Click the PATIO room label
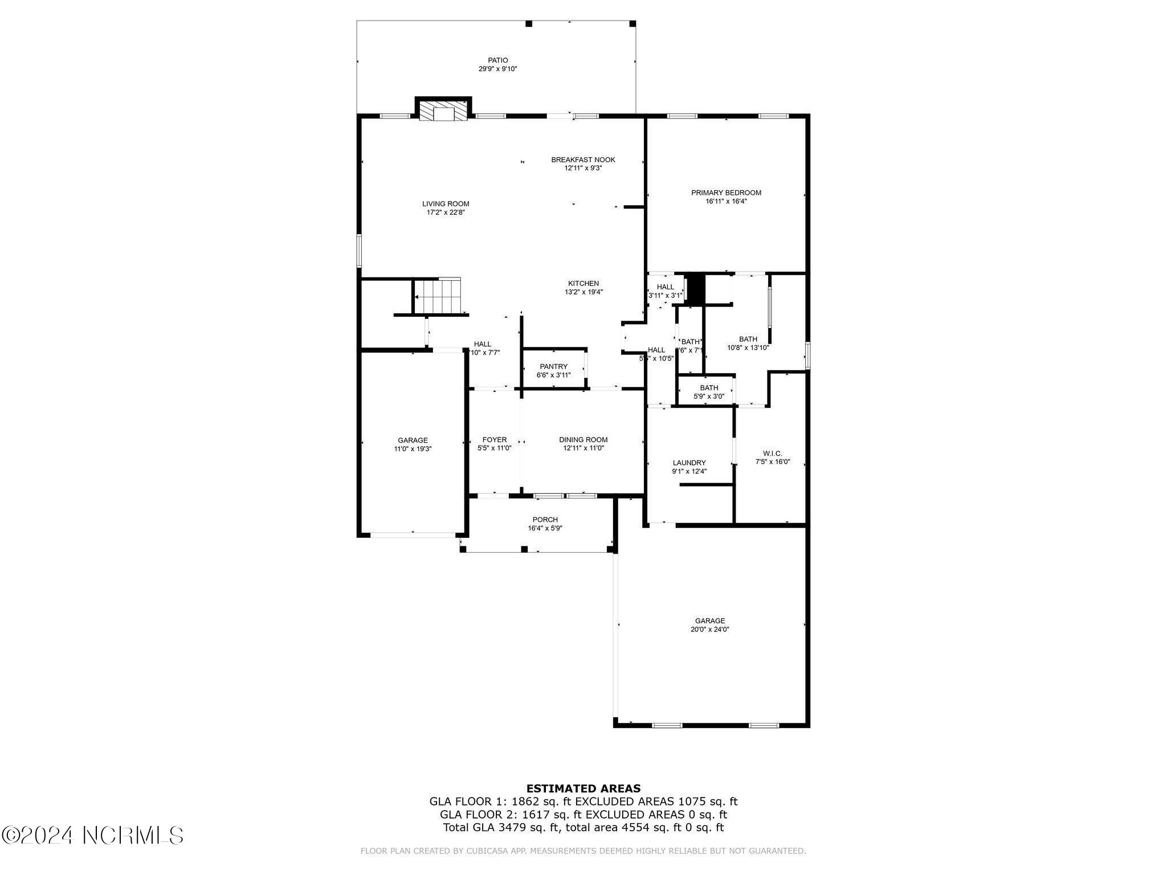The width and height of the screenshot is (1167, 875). [x=497, y=60]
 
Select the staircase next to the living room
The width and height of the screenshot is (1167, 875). [x=438, y=297]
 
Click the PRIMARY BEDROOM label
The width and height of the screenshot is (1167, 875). [x=726, y=193]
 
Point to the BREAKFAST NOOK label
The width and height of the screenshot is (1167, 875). [x=583, y=160]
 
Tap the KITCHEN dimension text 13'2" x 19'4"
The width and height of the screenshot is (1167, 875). [x=583, y=292]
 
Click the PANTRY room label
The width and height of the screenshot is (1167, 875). [x=553, y=366]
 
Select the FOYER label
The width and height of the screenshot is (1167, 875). [x=494, y=439]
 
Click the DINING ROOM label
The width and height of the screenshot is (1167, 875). [x=583, y=439]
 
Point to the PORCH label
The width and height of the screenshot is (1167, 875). [x=545, y=519]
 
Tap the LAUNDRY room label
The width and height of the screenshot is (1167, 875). [x=689, y=463]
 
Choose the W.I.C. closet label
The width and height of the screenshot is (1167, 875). [x=772, y=453]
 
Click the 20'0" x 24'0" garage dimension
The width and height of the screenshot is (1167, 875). [x=709, y=629]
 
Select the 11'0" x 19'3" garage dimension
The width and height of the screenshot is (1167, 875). [x=413, y=448]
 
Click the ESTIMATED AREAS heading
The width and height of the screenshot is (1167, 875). [x=583, y=788]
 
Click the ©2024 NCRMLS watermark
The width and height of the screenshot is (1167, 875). [x=92, y=835]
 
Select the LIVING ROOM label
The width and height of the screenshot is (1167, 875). [x=446, y=203]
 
